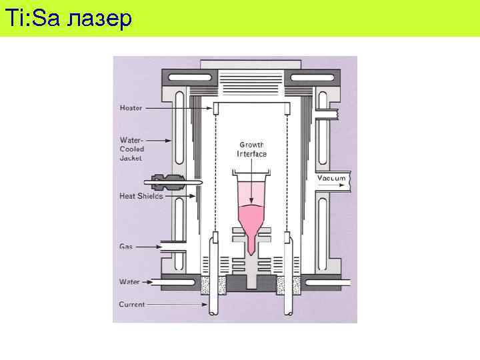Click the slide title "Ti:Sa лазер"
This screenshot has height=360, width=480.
(67, 18)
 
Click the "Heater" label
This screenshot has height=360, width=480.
(130, 107)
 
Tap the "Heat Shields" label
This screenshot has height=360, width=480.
(141, 196)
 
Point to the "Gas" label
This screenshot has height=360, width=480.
(125, 246)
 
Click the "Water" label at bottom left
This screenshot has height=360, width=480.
(129, 281)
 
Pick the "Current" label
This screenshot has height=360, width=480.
(131, 304)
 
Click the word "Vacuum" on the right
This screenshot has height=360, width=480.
(331, 178)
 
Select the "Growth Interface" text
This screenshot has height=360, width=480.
(251, 149)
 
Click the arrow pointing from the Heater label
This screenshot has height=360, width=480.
(180, 107)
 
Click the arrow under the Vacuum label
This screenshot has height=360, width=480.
(331, 187)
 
